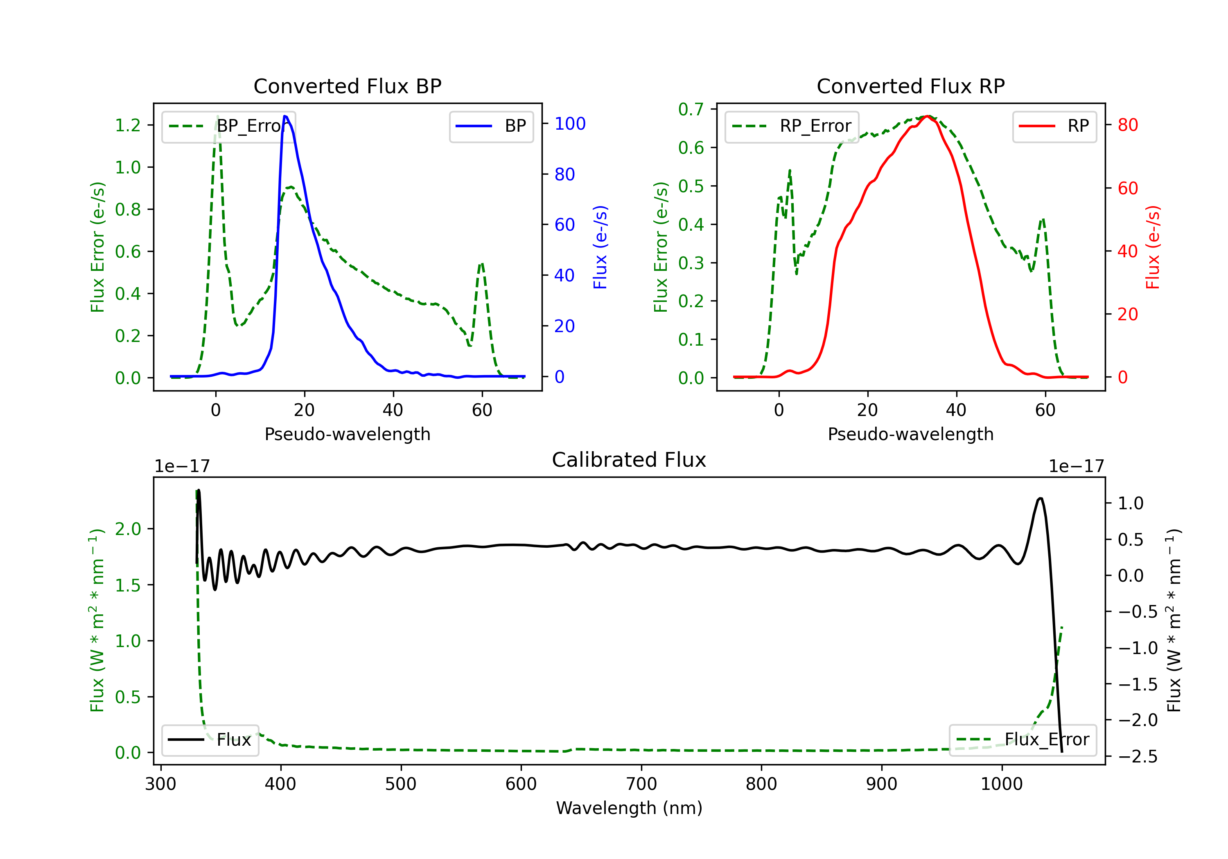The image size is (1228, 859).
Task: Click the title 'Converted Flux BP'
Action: [x=347, y=86]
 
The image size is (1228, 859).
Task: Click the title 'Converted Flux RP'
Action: [x=910, y=86]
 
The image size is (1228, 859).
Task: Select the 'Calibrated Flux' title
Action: [x=629, y=460]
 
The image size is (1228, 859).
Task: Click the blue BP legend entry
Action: [x=491, y=126]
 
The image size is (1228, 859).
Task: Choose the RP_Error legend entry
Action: [x=792, y=126]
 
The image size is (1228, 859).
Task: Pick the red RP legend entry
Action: [x=1054, y=126]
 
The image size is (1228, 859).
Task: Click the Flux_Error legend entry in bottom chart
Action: [x=1022, y=740]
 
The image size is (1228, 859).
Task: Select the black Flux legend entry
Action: [x=210, y=740]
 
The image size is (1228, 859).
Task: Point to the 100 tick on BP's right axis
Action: [x=570, y=124]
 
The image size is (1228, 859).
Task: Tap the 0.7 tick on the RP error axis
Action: [x=691, y=109]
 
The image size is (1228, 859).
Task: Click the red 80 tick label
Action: [x=1127, y=125]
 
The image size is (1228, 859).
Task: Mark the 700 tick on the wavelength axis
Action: [x=641, y=784]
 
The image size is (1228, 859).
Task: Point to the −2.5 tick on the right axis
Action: [x=1138, y=756]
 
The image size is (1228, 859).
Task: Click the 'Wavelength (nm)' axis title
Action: [x=629, y=808]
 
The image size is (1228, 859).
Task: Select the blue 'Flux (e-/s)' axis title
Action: [x=600, y=247]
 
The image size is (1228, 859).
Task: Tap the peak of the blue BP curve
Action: [x=285, y=116]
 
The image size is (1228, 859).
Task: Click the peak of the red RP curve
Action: [x=928, y=116]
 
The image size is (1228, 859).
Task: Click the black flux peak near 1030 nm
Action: [x=1040, y=498]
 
